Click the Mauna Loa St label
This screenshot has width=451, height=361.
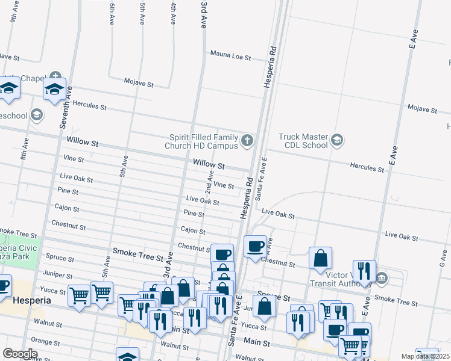[230, 56]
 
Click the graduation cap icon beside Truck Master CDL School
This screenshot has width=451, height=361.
[336, 141]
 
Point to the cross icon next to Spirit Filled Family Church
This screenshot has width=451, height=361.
[247, 141]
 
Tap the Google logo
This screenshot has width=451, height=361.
[20, 354]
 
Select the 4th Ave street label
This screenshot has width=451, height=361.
[173, 13]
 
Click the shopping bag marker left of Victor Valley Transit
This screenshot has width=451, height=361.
[321, 258]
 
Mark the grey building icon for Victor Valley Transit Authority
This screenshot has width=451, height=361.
[382, 278]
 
